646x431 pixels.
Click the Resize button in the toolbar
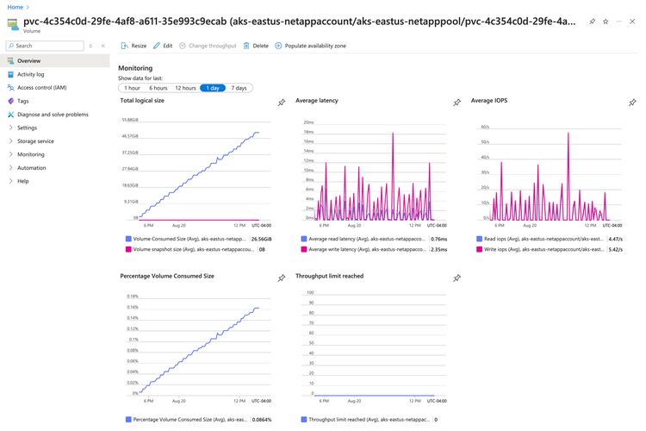[x=134, y=46]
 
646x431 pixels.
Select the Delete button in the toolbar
[x=256, y=46]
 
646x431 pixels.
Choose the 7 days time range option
[x=239, y=88]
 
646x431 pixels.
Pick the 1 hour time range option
[x=132, y=88]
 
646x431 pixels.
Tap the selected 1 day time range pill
[x=213, y=88]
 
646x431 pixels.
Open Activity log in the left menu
[x=31, y=74]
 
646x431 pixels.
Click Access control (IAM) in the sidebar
[x=41, y=87]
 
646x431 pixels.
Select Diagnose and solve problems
[x=53, y=114]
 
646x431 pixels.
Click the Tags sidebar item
[x=23, y=101]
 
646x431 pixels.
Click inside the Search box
[x=47, y=46]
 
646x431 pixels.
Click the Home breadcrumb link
[x=16, y=7]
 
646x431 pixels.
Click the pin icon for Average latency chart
[x=457, y=103]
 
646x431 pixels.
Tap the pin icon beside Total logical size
[x=281, y=103]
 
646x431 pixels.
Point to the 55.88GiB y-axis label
[x=129, y=120]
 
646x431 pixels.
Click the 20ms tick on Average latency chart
[x=308, y=122]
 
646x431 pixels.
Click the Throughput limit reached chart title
[x=329, y=276]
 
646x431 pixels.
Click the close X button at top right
[x=632, y=22]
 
